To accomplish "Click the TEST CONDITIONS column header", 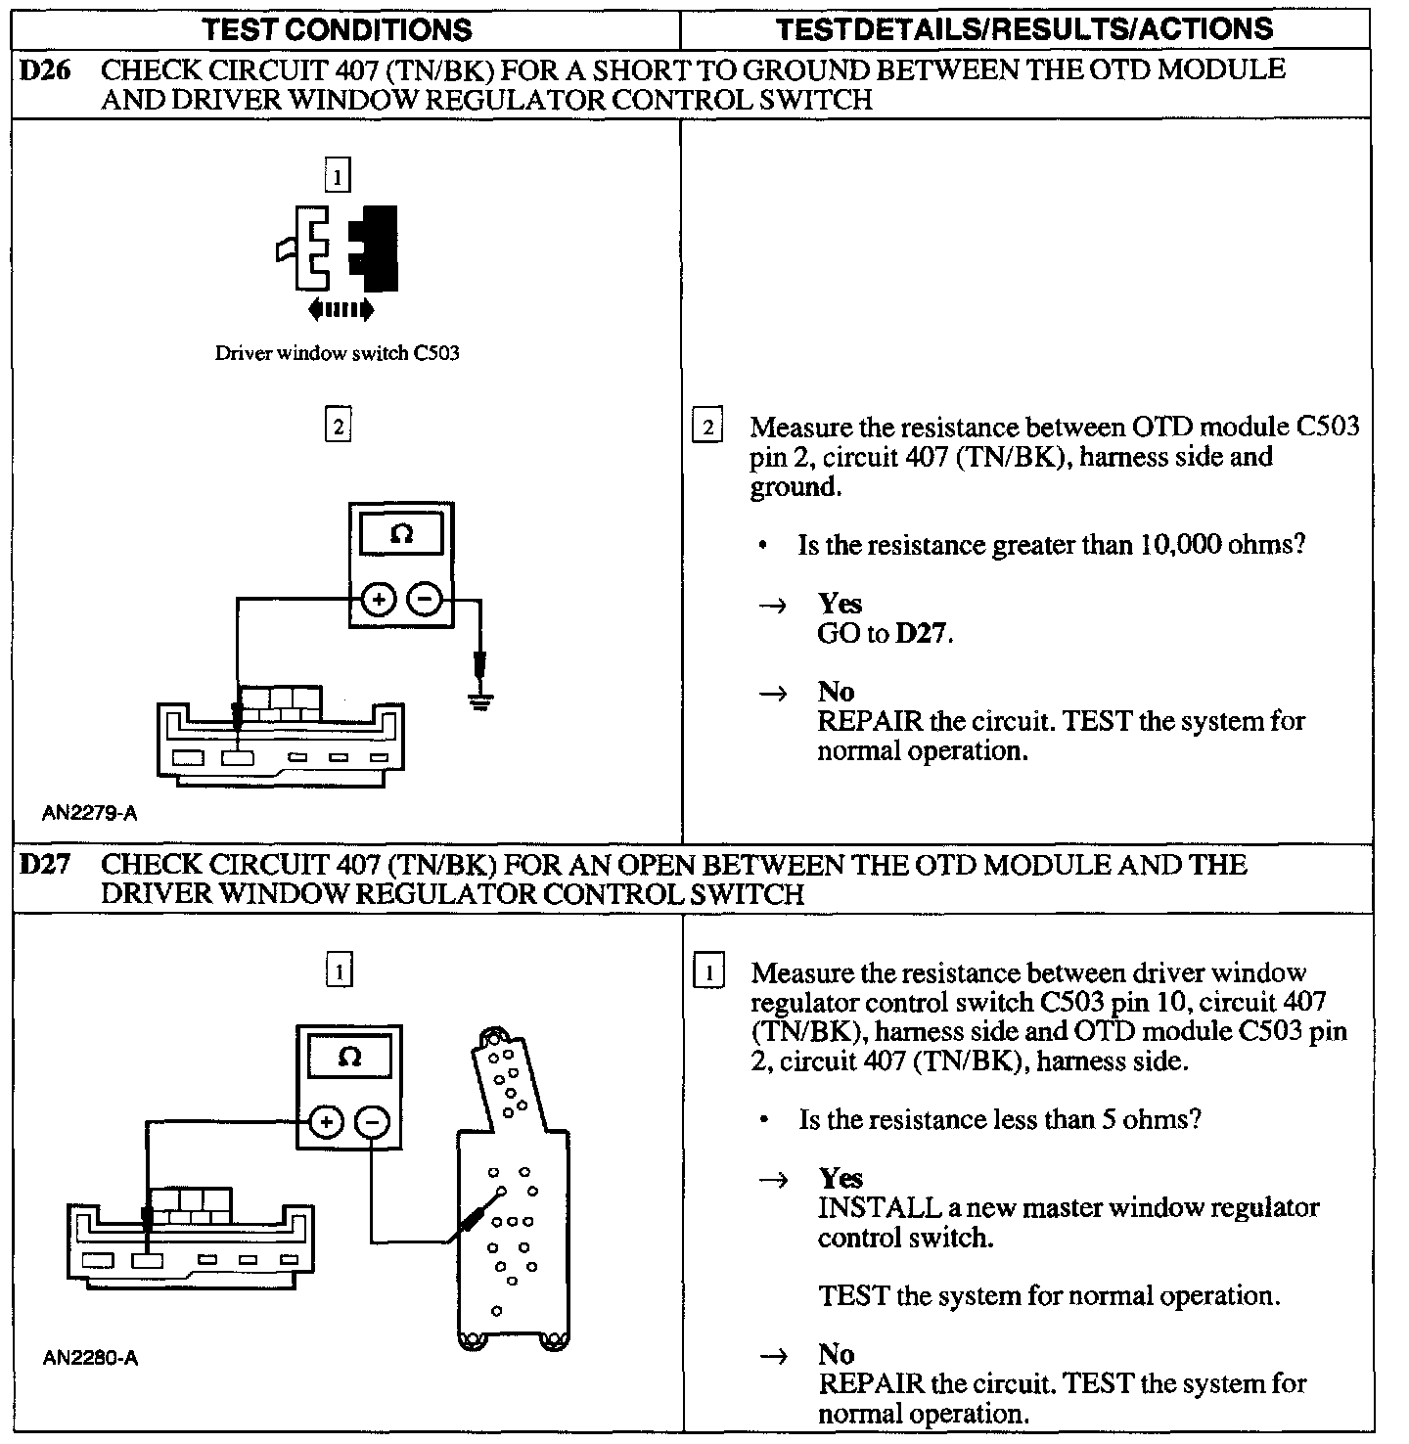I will click(x=338, y=29).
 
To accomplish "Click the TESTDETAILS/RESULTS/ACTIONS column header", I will click(x=1024, y=29).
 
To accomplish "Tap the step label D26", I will click(x=45, y=70).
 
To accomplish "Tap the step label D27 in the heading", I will click(x=45, y=865).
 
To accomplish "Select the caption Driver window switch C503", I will click(x=337, y=353).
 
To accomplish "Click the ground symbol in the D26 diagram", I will click(x=479, y=699).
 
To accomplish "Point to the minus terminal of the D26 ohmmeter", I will click(x=424, y=599).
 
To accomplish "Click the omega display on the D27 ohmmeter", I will click(x=349, y=1058).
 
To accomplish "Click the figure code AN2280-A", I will click(x=90, y=1358).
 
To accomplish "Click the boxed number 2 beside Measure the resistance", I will click(x=706, y=428).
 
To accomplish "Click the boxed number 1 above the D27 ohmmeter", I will click(x=339, y=971).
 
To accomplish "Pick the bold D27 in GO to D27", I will click(x=923, y=634).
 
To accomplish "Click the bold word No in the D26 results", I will click(x=837, y=693).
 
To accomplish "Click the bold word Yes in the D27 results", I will click(x=841, y=1179).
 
